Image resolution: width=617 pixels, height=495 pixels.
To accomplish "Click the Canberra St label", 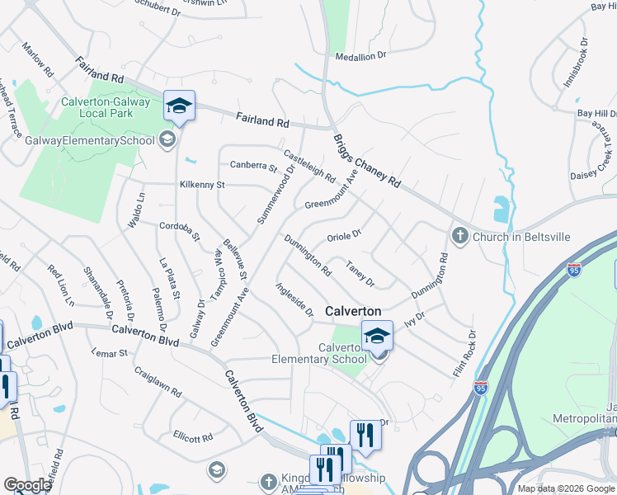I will (x=253, y=167).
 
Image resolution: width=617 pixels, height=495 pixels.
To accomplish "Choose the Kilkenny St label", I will (x=202, y=185).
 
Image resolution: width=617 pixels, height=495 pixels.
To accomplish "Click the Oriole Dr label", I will (x=345, y=235).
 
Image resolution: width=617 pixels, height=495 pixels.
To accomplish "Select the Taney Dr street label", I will (x=360, y=274).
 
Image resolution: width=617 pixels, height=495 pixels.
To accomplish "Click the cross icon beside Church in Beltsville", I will (x=460, y=237).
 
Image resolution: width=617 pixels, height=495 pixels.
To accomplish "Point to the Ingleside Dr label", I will (x=294, y=299).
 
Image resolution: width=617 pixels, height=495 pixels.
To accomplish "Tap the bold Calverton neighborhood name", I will (x=354, y=311).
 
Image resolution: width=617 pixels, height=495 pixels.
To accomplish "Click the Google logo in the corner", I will (x=27, y=485).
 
